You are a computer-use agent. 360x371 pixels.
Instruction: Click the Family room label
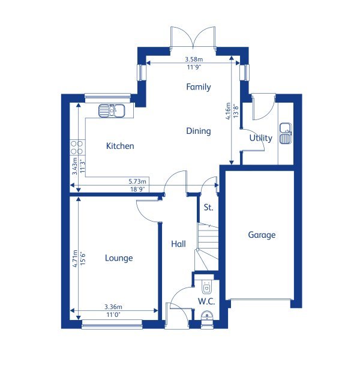(x=198, y=87)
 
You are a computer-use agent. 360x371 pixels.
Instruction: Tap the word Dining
(x=198, y=131)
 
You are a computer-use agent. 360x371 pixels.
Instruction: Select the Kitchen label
(x=120, y=146)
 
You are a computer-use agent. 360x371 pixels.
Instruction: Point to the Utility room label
(x=261, y=138)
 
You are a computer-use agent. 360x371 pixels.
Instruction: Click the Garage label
(x=262, y=235)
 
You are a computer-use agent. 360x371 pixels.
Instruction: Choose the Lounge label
(x=119, y=258)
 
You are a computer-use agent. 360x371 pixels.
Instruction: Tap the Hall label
(x=178, y=244)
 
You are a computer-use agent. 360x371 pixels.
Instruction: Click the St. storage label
(x=208, y=208)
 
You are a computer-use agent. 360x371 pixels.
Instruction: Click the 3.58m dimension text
(x=193, y=59)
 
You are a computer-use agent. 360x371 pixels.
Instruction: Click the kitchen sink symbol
(x=112, y=110)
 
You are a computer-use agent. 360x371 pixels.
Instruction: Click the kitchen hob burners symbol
(x=77, y=147)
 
